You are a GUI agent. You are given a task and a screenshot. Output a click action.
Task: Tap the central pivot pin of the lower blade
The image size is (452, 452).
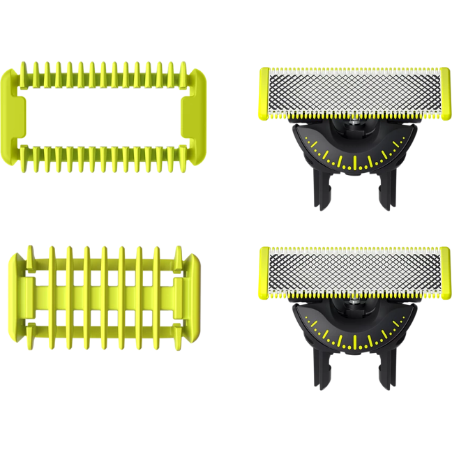coord(354,305)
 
